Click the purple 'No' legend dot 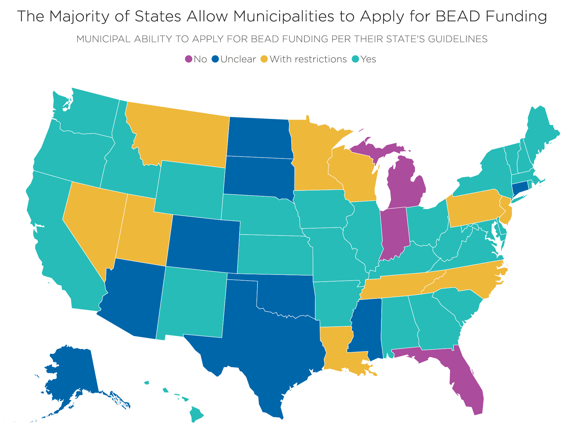[x=189, y=59]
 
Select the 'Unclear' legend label [x=238, y=59]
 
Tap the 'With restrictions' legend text [x=308, y=59]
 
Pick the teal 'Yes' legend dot [x=355, y=59]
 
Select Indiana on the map [x=394, y=232]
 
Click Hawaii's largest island [x=196, y=414]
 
